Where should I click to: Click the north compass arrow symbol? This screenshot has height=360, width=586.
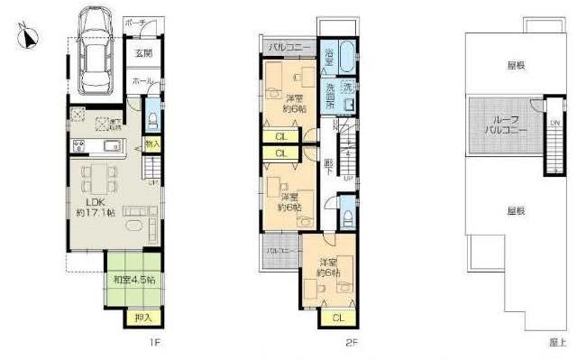[x=29, y=37]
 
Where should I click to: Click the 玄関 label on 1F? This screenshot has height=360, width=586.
[x=143, y=54]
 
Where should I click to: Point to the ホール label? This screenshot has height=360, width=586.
[x=142, y=81]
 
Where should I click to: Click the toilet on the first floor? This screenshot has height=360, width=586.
[x=151, y=120]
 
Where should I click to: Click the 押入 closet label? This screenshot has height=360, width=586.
[x=142, y=317]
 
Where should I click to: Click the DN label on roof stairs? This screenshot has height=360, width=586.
[x=555, y=123]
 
